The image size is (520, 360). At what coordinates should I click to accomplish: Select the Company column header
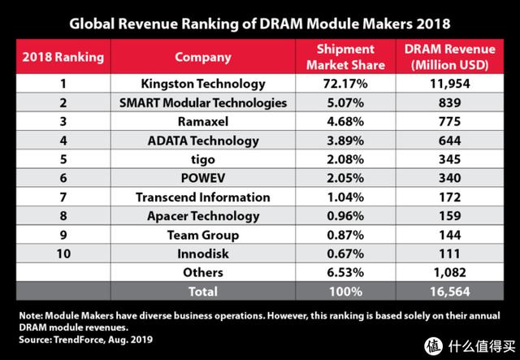click(202, 58)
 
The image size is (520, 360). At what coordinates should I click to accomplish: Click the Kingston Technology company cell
click(202, 83)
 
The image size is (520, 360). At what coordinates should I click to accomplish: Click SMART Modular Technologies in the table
click(202, 102)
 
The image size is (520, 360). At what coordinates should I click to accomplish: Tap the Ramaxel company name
click(202, 121)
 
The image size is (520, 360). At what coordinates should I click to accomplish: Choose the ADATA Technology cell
click(202, 141)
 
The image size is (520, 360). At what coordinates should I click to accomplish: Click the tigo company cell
click(202, 159)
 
